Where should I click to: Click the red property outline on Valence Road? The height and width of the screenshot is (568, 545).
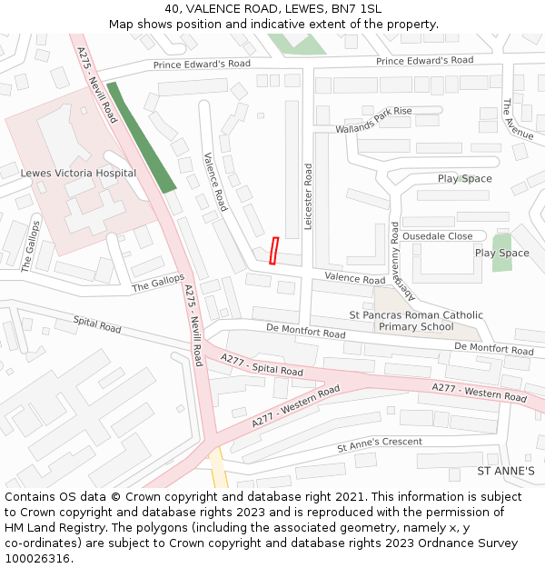[274, 251]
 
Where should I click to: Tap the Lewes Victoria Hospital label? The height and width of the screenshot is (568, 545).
[78, 173]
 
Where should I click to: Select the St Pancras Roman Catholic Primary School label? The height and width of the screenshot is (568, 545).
[416, 321]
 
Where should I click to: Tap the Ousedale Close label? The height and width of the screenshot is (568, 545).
[438, 236]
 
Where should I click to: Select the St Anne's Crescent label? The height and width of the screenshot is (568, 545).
[380, 444]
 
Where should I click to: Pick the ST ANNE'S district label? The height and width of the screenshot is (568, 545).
[506, 472]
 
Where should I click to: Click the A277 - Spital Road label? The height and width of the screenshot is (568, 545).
[262, 365]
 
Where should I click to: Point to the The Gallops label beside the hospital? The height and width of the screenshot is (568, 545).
[28, 246]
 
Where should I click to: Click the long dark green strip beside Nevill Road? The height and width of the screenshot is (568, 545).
[141, 136]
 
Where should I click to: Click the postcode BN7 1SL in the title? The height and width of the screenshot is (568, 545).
[358, 9]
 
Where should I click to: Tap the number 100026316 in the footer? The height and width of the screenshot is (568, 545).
[37, 558]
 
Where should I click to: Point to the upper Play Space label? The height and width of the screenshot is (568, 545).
[464, 179]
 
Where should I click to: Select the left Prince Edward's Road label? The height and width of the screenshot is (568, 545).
[202, 65]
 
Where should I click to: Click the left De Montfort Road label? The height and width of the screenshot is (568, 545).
[306, 334]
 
